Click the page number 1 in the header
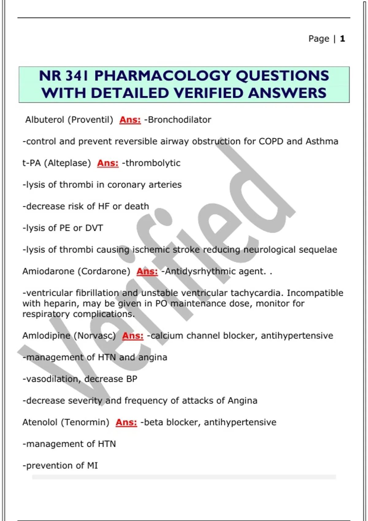[342, 39]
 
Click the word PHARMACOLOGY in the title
[163, 76]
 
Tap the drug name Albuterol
[44, 120]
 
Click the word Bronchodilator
[179, 120]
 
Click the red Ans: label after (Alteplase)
[108, 163]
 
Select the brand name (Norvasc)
[95, 336]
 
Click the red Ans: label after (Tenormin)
[126, 422]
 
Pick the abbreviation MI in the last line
[92, 466]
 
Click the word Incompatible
[315, 293]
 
